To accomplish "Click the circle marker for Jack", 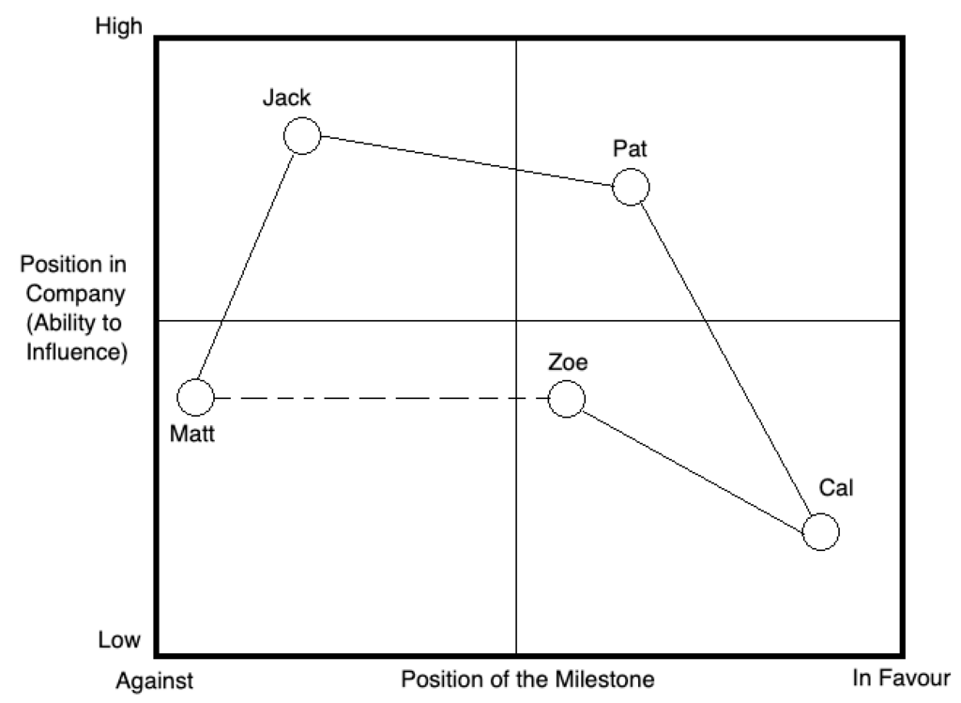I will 302,136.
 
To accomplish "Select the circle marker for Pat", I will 631,187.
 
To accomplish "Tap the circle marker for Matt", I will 196,398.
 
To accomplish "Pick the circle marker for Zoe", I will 566,399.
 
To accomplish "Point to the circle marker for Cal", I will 821,532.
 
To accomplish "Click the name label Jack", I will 286,98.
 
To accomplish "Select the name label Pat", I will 630,148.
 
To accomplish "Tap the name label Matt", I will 192,436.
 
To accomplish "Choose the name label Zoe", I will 569,362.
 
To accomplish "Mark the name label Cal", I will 836,488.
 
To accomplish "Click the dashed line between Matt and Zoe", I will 375,399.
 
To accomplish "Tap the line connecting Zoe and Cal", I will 694,466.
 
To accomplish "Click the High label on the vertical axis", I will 119,26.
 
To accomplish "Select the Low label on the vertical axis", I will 119,641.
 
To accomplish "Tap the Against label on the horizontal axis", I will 156,680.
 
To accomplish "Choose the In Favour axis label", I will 901,677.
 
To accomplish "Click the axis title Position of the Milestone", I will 527,678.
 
